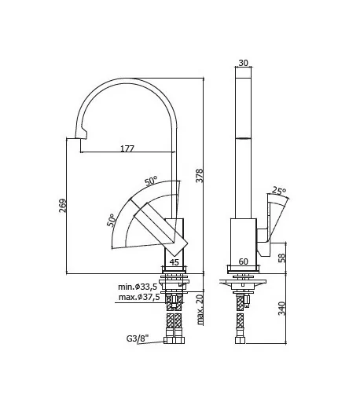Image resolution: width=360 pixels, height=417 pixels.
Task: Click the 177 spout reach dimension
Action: [127, 148]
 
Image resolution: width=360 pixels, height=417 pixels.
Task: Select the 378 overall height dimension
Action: [200, 175]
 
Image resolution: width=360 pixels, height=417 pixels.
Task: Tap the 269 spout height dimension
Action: [63, 206]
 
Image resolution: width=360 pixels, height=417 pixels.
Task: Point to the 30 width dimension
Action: [243, 63]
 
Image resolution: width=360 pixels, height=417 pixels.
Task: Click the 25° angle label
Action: [279, 190]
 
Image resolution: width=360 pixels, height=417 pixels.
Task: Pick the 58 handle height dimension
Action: [281, 258]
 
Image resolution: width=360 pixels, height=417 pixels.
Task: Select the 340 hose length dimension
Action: [281, 308]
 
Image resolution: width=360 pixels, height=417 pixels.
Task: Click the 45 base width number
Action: [174, 262]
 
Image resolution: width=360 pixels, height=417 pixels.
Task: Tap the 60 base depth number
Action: [243, 262]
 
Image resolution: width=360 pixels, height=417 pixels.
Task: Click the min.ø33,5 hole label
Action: [138, 287]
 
